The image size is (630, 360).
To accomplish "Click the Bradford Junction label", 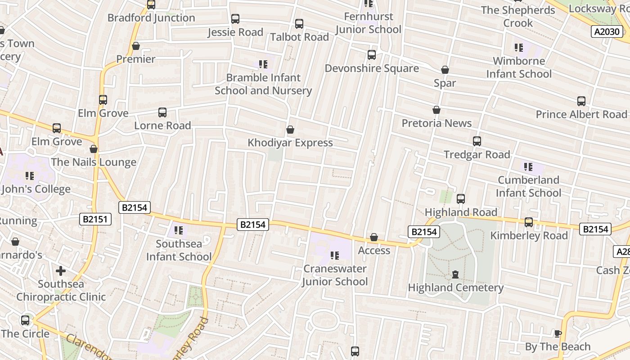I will [151, 18].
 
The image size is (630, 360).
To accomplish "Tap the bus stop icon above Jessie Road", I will [235, 19].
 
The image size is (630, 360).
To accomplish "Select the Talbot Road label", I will [299, 37].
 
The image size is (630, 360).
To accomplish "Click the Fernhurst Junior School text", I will [368, 23].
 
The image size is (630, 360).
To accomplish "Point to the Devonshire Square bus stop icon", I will [372, 55].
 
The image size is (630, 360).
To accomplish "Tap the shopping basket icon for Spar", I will [445, 70].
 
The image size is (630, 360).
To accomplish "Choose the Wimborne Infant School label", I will [519, 67].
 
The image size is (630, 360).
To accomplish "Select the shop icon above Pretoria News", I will [436, 110].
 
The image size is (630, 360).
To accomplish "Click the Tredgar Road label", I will [477, 155].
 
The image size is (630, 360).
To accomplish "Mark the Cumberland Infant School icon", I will [528, 167].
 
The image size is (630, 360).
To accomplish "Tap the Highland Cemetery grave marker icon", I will [455, 274].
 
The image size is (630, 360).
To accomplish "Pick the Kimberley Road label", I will [529, 235].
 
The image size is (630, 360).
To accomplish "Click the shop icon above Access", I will [374, 237].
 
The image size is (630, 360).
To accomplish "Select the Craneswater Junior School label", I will [335, 275].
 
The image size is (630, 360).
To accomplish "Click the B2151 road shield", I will [95, 219].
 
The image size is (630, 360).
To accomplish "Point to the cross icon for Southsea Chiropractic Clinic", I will [61, 271].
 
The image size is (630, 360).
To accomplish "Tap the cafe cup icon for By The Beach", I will [558, 333].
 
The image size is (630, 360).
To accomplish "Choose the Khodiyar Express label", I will [290, 143].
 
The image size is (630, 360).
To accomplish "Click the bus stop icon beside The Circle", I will [25, 320].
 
